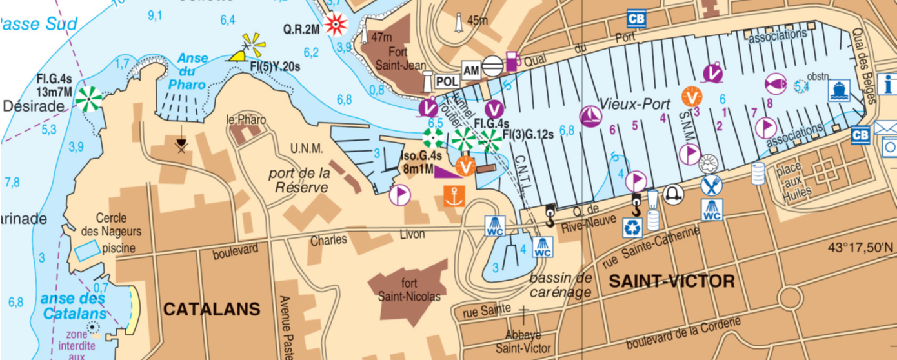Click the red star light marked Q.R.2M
[336, 25]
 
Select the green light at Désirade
[89, 99]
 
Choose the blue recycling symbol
[632, 227]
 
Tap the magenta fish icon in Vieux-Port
[775, 83]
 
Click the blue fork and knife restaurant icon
[711, 186]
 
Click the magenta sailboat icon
[591, 116]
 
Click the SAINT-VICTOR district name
[672, 281]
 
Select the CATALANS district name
[212, 309]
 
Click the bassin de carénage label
[560, 285]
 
